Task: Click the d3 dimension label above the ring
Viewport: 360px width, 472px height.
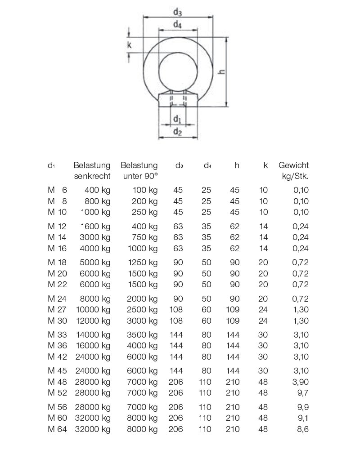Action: [177, 12]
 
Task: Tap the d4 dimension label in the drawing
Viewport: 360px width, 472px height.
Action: [177, 25]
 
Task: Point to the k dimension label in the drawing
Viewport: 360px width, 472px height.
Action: [129, 45]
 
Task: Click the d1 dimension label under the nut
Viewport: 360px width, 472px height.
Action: [177, 119]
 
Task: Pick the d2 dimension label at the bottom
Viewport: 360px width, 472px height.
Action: [177, 131]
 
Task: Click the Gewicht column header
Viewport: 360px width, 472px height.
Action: [293, 166]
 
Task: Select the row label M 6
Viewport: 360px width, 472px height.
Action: [57, 190]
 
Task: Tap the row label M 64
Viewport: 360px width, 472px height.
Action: [57, 429]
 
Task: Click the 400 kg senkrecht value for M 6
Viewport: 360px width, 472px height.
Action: [97, 190]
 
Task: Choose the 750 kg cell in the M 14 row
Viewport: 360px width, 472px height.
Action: [145, 237]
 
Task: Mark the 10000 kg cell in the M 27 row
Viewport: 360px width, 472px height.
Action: [93, 310]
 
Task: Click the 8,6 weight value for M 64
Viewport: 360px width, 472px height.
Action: [302, 429]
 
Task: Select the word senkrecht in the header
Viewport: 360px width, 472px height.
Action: [92, 176]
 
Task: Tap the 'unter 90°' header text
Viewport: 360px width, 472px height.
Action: [140, 176]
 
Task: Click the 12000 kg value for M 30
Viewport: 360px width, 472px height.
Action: [93, 321]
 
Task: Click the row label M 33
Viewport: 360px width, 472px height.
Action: [57, 335]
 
